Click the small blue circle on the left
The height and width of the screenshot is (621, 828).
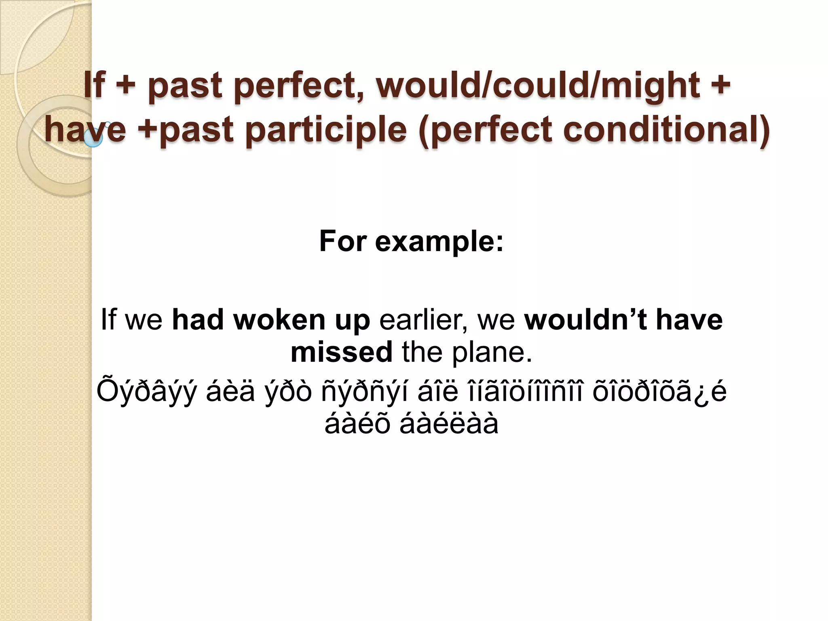[94, 139]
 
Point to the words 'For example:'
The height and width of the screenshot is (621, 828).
[411, 241]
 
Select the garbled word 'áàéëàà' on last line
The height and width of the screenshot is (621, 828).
[449, 424]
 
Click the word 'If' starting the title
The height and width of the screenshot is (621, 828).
[94, 85]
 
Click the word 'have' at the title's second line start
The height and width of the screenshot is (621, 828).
[85, 130]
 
